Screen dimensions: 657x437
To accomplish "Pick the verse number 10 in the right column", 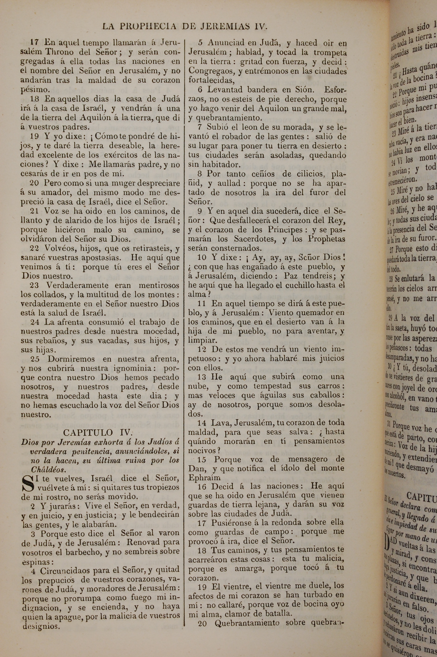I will [x=202, y=257].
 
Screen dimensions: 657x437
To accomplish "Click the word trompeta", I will [x=330, y=52].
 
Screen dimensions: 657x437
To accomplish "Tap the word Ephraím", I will [x=204, y=478].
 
